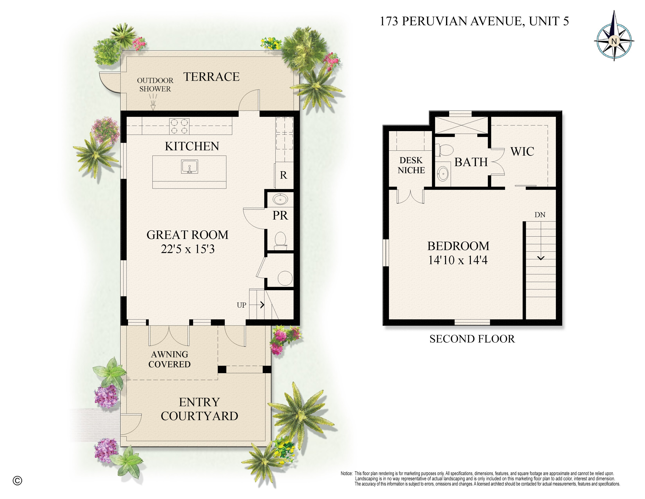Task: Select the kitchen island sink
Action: (x=189, y=167)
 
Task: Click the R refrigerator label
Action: (x=283, y=175)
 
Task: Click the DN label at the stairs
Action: (x=540, y=215)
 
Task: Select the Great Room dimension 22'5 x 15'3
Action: (x=187, y=249)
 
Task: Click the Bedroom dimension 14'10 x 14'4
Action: (x=458, y=260)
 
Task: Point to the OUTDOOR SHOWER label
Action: (x=155, y=85)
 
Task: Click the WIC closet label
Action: (x=522, y=152)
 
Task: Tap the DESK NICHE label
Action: (x=411, y=165)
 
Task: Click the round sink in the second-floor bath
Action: (x=443, y=174)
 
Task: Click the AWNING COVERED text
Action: (x=169, y=359)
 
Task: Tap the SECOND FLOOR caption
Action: (x=472, y=339)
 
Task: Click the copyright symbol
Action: (x=17, y=481)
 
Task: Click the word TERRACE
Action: (x=212, y=77)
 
